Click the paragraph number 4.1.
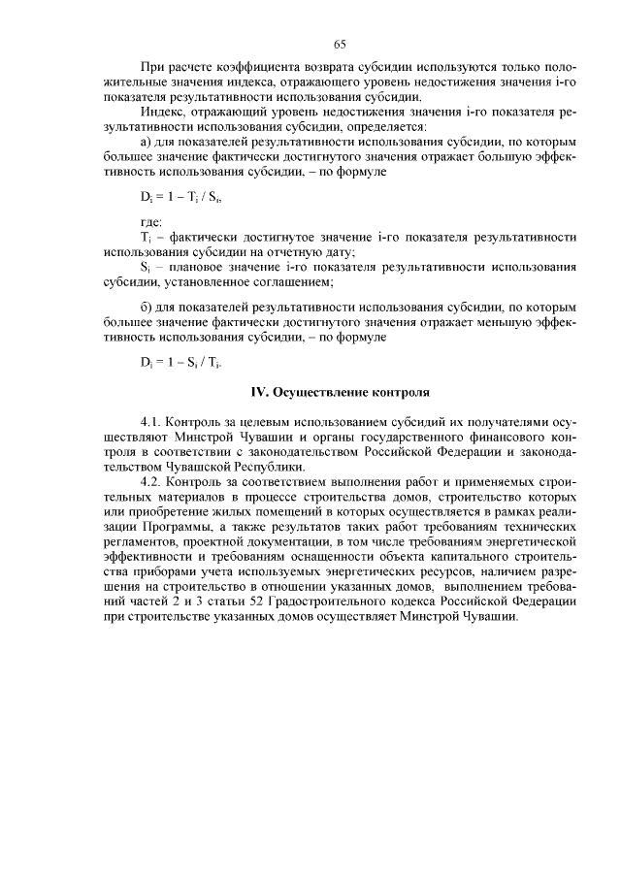point(152,423)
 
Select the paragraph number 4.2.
point(152,481)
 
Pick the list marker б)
point(147,308)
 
